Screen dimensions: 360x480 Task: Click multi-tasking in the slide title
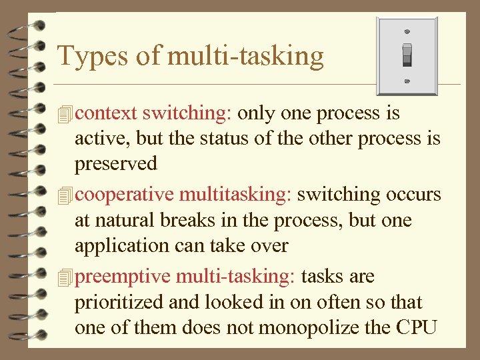(x=245, y=56)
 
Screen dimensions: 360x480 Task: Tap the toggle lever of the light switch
(x=407, y=55)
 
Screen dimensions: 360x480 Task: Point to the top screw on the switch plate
(x=407, y=31)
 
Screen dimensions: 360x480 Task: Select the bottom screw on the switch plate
(x=407, y=82)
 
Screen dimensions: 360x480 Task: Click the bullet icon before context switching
(x=65, y=114)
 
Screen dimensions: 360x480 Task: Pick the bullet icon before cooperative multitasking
(x=65, y=195)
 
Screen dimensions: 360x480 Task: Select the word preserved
(x=116, y=164)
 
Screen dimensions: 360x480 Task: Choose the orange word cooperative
(x=125, y=195)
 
